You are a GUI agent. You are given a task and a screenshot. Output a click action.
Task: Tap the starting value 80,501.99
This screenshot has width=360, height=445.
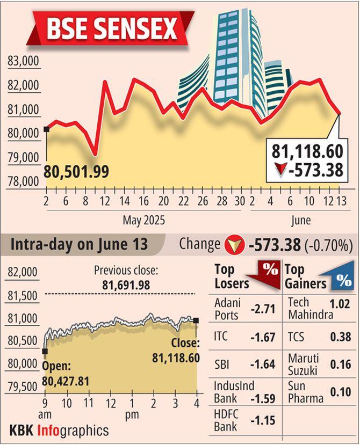pyautogui.click(x=76, y=172)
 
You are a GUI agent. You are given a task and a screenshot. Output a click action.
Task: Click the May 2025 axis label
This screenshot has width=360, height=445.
pyautogui.click(x=143, y=220)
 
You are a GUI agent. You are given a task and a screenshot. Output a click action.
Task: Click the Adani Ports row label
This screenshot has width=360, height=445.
pyautogui.click(x=228, y=309)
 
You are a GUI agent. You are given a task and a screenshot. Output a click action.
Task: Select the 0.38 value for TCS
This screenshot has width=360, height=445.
pyautogui.click(x=343, y=338)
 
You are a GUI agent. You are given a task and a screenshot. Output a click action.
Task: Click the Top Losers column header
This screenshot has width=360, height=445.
pyautogui.click(x=232, y=275)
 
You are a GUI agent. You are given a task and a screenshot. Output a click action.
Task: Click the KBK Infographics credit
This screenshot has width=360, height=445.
pyautogui.click(x=59, y=431)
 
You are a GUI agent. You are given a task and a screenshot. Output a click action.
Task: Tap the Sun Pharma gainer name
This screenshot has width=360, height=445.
pyautogui.click(x=306, y=392)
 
